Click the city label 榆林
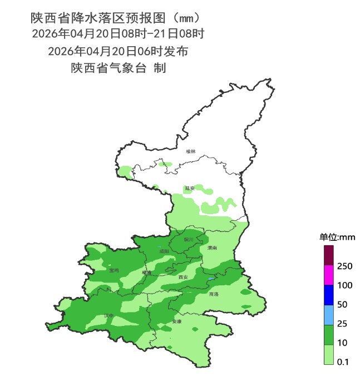(x=191, y=151)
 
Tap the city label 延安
(x=190, y=189)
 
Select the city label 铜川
(x=188, y=240)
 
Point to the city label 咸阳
(x=164, y=251)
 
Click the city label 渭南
(x=211, y=248)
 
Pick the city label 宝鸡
(x=114, y=270)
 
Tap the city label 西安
(x=183, y=276)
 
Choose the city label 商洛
(x=214, y=294)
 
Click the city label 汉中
(x=109, y=316)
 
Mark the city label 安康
(x=177, y=321)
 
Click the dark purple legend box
(x=329, y=256)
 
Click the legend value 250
(x=344, y=266)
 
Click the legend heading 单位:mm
(x=337, y=238)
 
